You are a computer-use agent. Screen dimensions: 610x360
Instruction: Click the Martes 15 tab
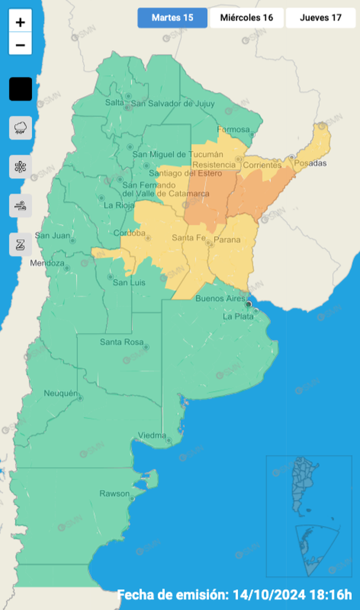point(172,18)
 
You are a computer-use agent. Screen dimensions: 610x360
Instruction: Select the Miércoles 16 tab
point(247,18)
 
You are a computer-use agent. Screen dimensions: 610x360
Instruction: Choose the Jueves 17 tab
point(320,18)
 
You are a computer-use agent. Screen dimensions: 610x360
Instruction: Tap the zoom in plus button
point(21,22)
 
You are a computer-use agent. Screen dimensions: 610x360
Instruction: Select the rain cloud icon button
point(21,127)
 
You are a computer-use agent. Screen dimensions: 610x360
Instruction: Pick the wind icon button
point(21,206)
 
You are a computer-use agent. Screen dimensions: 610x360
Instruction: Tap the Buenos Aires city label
point(220,299)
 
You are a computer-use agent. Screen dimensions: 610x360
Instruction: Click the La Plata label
point(238,317)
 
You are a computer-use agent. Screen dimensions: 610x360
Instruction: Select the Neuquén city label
point(61,393)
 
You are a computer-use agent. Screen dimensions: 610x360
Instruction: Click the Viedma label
point(152,435)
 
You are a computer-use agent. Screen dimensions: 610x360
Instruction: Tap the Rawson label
point(114,493)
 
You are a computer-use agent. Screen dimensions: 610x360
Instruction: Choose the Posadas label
point(310,163)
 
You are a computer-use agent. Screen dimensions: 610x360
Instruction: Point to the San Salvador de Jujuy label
point(170,104)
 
